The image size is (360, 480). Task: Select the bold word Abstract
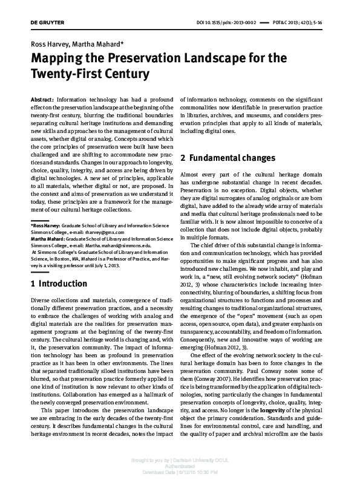click(x=42, y=97)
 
